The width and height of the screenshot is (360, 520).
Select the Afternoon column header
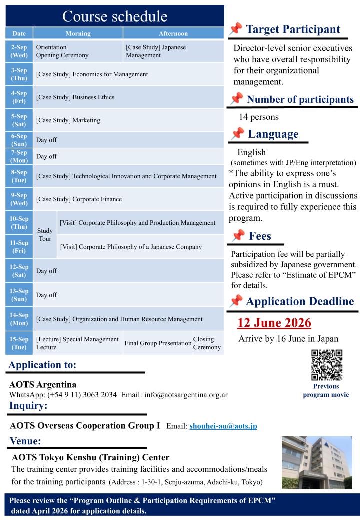(173, 33)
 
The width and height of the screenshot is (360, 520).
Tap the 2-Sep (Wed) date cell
(19, 51)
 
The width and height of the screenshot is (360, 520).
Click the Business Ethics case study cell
(128, 97)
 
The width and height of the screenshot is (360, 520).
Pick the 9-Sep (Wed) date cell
(19, 199)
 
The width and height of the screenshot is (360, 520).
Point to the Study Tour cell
(45, 234)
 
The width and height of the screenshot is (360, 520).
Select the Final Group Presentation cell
(158, 343)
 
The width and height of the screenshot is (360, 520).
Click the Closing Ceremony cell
(207, 343)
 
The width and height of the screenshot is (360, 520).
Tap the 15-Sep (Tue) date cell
(19, 343)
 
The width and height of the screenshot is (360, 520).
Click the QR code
(326, 365)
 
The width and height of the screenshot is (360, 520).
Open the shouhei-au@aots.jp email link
(223, 426)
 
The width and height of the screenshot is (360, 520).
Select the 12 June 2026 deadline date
(274, 323)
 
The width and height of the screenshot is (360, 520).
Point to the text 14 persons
(259, 118)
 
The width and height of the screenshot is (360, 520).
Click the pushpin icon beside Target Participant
(236, 29)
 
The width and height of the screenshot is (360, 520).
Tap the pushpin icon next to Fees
(238, 236)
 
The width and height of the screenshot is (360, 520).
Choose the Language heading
(273, 134)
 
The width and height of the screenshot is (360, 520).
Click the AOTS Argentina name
(43, 385)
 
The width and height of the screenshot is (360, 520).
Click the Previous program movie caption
(326, 391)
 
